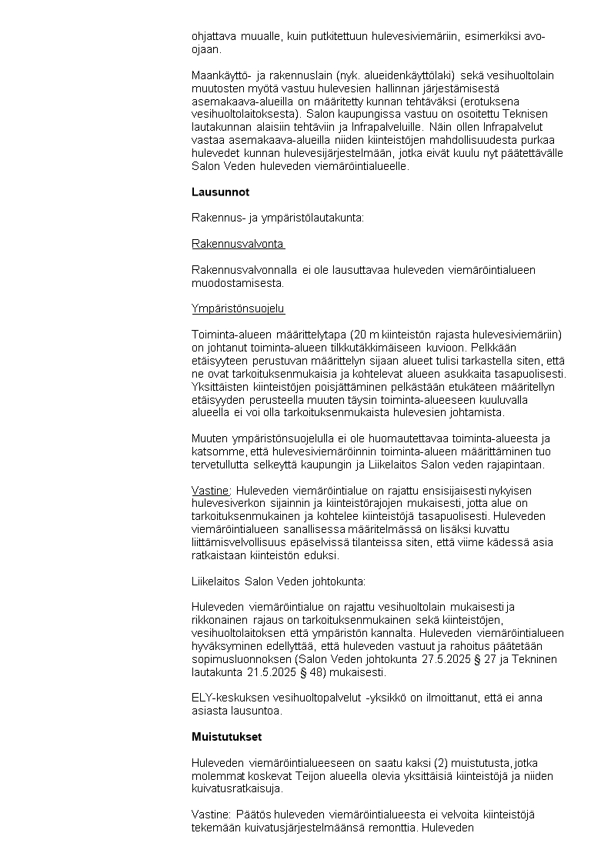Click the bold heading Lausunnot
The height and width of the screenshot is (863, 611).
(220, 192)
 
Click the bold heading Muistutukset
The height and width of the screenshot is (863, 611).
(226, 737)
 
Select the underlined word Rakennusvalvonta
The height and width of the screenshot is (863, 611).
(238, 244)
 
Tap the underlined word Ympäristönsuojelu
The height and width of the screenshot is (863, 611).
(238, 309)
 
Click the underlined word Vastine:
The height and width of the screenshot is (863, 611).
(211, 491)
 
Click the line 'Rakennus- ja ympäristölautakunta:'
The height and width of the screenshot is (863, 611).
(277, 218)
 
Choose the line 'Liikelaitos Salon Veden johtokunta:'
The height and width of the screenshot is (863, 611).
(279, 581)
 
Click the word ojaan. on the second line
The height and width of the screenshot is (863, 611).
(205, 49)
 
